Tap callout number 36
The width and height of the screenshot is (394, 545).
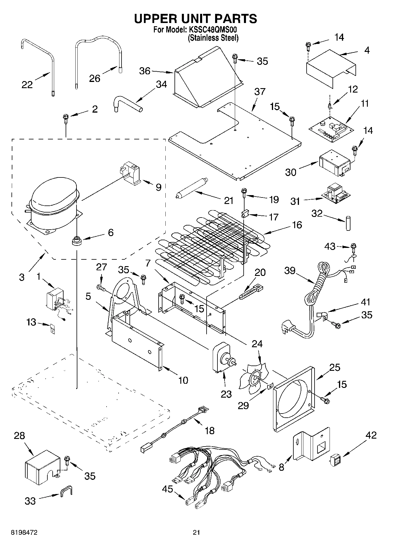(145, 71)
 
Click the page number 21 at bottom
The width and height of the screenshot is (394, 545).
(197, 532)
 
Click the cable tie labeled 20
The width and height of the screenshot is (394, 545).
(252, 292)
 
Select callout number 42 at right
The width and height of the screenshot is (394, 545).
(371, 435)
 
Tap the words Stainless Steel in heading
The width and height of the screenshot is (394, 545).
(213, 38)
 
